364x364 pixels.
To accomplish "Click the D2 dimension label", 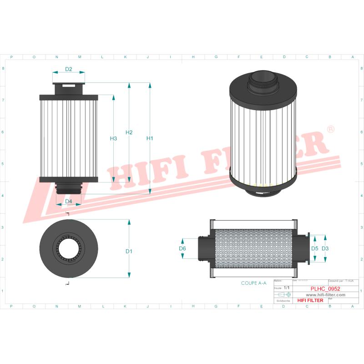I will click(69, 69).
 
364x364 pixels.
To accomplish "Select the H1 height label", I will click(150, 138).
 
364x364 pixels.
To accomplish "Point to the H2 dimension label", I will click(129, 132).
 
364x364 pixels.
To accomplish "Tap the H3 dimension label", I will click(114, 138).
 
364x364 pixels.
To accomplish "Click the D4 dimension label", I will click(69, 201).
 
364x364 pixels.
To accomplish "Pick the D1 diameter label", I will click(129, 251).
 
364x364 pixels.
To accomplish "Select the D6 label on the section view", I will click(182, 248).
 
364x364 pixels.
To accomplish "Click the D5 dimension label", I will click(314, 248).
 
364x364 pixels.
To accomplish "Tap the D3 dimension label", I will click(325, 248).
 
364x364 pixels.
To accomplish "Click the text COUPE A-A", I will click(254, 283).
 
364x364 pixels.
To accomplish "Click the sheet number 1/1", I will click(286, 288).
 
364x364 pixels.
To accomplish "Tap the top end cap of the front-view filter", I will click(69, 97).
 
